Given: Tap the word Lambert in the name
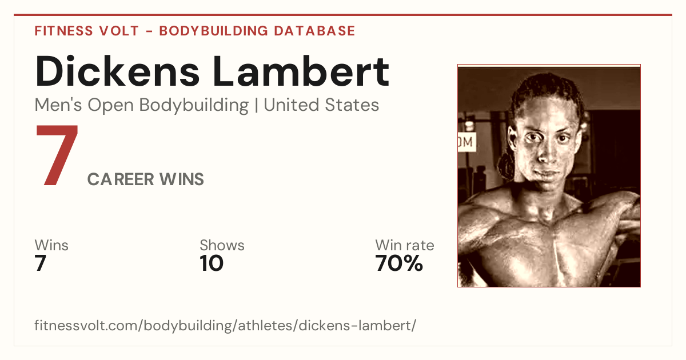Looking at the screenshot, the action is [301, 71].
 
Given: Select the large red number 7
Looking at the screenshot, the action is [57, 155].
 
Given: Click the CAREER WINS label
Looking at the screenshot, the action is [145, 179].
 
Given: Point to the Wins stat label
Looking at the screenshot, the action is [51, 245].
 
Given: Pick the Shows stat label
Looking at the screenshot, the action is [222, 245].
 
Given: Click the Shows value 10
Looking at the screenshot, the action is [212, 263].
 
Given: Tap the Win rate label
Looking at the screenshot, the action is [405, 245].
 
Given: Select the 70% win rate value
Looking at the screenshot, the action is [399, 263].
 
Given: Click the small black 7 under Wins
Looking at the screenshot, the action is [40, 263].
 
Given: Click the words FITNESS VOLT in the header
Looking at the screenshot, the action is [87, 31].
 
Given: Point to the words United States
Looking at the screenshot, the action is [321, 105].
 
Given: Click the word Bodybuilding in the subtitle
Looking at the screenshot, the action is [194, 106].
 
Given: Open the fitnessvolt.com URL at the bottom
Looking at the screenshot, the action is [225, 325].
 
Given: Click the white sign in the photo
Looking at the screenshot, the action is [467, 142].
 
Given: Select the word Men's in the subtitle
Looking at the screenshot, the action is [58, 105].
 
